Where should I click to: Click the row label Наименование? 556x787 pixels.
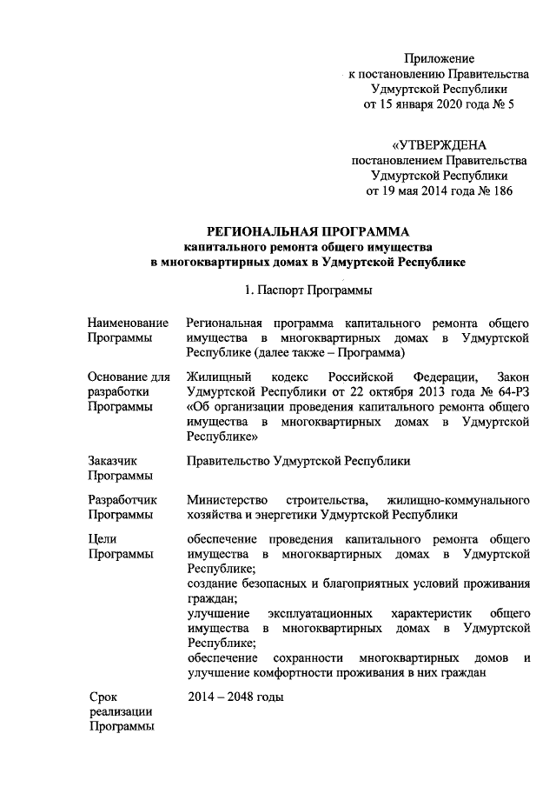pos(128,323)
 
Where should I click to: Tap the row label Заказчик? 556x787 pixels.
pos(113,461)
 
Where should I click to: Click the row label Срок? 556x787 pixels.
pos(105,697)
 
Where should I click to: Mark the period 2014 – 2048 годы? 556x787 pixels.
pos(235,697)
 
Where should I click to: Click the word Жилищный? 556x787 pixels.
pos(219,377)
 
